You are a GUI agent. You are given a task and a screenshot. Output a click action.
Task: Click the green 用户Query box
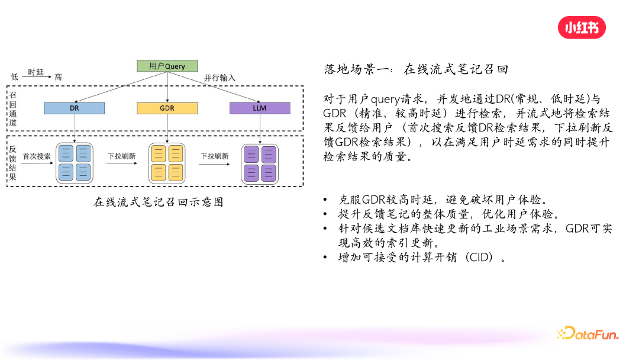click(x=167, y=66)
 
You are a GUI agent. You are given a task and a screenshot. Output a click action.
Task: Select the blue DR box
click(x=75, y=108)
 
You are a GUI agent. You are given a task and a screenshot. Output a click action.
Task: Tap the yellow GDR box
click(x=167, y=108)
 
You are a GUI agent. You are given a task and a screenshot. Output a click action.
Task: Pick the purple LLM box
click(x=260, y=108)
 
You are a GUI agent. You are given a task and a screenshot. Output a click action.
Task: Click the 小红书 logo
click(x=582, y=27)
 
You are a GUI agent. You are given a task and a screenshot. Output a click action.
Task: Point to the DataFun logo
click(x=588, y=334)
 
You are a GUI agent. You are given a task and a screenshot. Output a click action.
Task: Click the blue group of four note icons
click(x=75, y=163)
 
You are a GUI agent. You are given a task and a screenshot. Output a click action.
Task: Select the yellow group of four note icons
click(x=167, y=163)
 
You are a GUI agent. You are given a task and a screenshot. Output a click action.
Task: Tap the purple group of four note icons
click(x=260, y=163)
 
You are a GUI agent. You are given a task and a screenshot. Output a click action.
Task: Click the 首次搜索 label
click(x=37, y=156)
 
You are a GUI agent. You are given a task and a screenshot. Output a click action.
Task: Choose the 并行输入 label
click(x=220, y=78)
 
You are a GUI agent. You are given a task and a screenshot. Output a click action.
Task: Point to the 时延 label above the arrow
click(x=36, y=72)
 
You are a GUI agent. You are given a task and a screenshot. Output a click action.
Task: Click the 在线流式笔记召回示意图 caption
click(x=159, y=202)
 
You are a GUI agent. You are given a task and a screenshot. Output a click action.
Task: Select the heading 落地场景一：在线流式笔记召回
click(x=416, y=69)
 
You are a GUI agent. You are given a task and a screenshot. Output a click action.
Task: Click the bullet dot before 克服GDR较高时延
click(x=325, y=200)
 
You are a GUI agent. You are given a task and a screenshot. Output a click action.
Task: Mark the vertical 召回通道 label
click(x=13, y=108)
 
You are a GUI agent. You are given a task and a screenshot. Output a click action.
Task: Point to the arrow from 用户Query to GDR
click(x=167, y=87)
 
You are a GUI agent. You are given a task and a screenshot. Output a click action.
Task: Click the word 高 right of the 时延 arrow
click(x=58, y=77)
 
